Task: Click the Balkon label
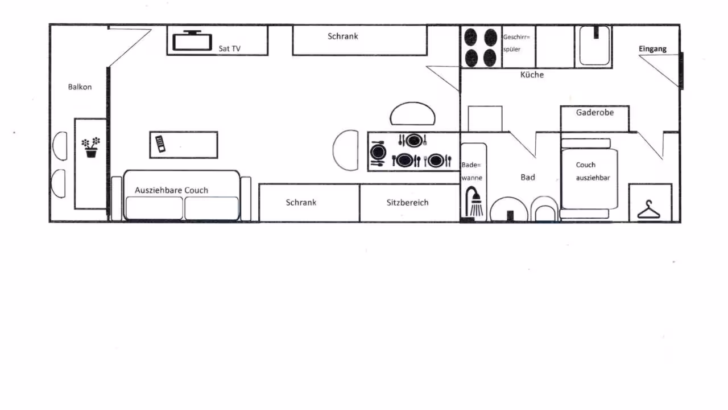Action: click(x=80, y=87)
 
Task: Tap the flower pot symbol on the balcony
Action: click(x=91, y=147)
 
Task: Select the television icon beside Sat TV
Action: click(x=192, y=40)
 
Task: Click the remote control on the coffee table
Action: click(x=160, y=144)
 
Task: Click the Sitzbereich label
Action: click(x=407, y=202)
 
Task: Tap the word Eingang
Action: click(x=652, y=49)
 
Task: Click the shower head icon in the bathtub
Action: click(x=474, y=202)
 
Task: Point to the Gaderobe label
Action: click(x=595, y=113)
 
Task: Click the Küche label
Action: click(x=532, y=75)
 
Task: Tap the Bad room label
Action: click(x=527, y=177)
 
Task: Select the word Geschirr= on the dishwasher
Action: click(x=516, y=37)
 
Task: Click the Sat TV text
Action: click(x=229, y=48)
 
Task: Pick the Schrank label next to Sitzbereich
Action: click(x=301, y=202)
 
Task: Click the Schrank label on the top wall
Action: click(x=342, y=36)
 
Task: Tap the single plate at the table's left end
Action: click(x=378, y=152)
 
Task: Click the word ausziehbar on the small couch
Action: click(x=593, y=178)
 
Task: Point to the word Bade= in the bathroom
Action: click(x=471, y=165)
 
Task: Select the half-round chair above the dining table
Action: click(x=412, y=113)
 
